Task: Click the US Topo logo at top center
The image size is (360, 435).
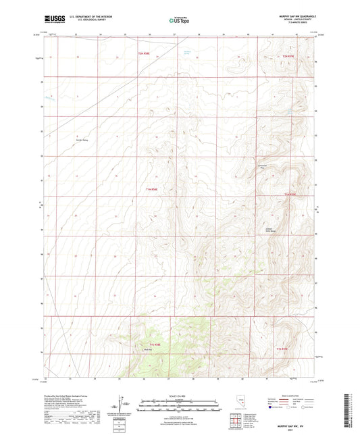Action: (179, 21)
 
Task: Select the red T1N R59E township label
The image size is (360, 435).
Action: (290, 195)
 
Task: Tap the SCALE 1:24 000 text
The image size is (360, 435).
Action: (180, 395)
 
